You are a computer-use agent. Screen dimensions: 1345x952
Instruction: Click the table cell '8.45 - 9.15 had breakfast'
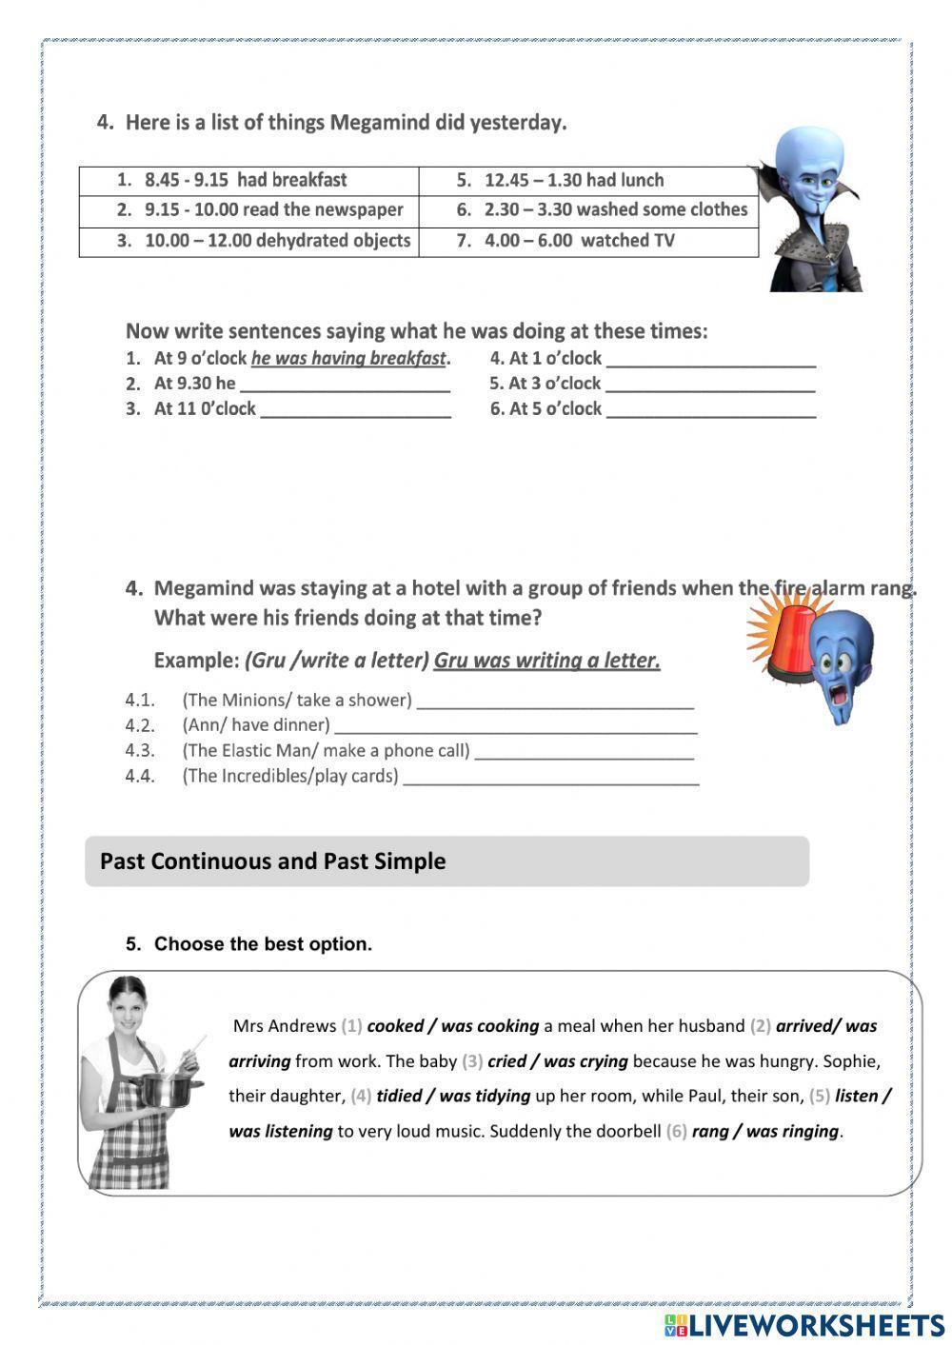coord(248,180)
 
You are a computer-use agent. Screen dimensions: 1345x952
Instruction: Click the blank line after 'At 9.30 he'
coord(345,385)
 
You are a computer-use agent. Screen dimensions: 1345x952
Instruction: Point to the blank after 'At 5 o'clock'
coord(710,410)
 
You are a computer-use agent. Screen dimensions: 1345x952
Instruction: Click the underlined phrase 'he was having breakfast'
coord(348,359)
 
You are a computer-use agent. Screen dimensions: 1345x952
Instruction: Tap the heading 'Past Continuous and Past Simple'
coord(272,861)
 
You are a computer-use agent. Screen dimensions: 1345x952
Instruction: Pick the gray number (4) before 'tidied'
coord(361,1097)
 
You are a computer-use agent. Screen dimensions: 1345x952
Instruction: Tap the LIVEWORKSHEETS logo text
coord(816,1324)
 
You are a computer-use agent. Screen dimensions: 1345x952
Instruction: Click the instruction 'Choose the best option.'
coord(263,944)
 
